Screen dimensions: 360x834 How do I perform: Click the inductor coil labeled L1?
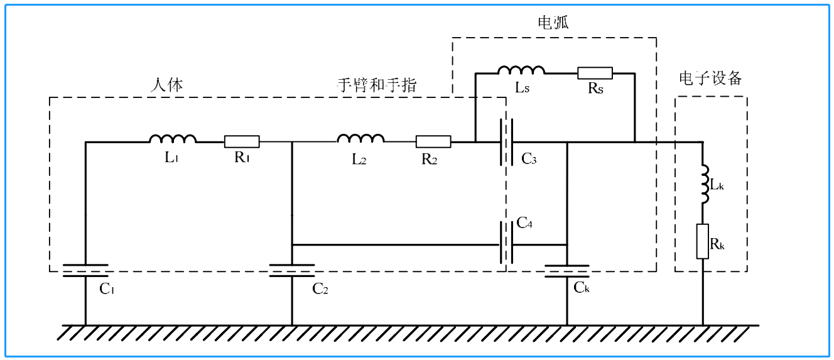[173, 139]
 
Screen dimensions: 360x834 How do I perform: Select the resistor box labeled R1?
[242, 141]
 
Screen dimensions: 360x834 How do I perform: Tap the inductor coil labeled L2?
[361, 139]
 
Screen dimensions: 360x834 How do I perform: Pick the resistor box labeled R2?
[433, 141]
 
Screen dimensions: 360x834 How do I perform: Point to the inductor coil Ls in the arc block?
[521, 70]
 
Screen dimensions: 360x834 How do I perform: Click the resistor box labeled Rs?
[595, 73]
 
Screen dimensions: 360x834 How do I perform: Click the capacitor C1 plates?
[85, 271]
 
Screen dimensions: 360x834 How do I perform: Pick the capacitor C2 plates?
[292, 271]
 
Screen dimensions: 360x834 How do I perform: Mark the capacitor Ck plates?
[566, 271]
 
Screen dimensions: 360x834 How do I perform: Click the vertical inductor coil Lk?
[703, 184]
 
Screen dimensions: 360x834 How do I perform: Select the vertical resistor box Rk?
[703, 241]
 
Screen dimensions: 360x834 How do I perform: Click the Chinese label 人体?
[167, 85]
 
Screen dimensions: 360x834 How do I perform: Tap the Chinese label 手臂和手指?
[377, 85]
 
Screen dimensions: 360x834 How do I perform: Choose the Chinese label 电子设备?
[711, 78]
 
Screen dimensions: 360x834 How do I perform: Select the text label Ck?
[582, 288]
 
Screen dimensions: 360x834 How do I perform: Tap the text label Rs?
[595, 89]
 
